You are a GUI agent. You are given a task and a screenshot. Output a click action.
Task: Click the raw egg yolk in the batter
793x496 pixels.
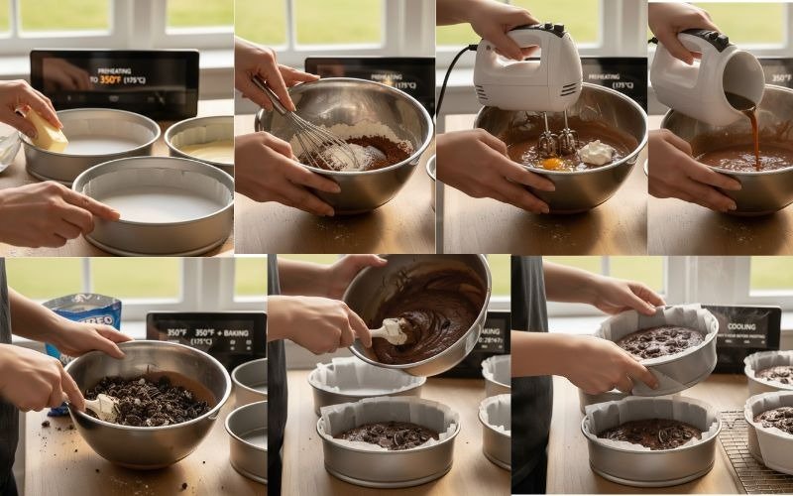(x=551, y=163)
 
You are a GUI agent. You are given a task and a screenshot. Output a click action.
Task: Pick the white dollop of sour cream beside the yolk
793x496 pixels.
(x=597, y=152)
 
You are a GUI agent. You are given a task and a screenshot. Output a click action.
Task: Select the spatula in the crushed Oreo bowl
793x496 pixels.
(x=101, y=406)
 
